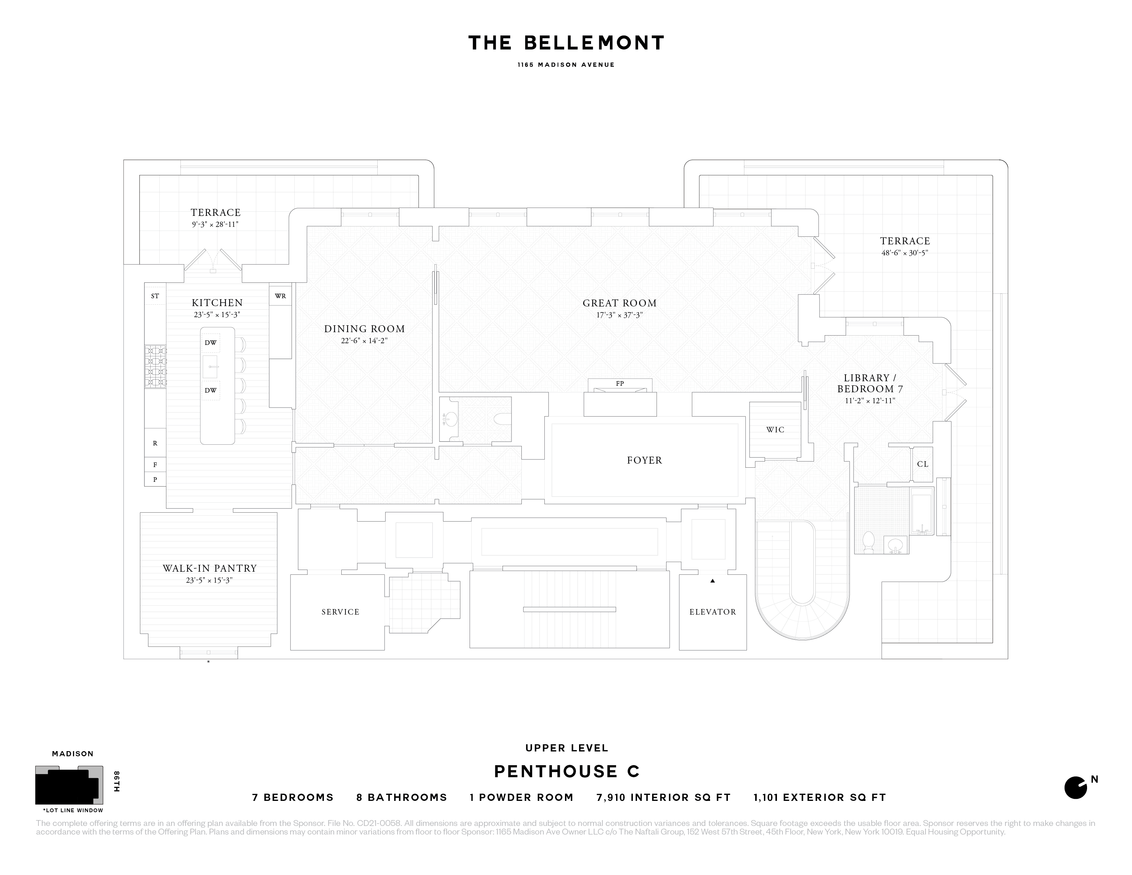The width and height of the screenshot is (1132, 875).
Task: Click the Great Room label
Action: click(x=620, y=303)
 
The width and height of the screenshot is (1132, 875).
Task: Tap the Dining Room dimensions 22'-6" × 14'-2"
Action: click(x=364, y=341)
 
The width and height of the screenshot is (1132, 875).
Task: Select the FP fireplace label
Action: click(x=620, y=384)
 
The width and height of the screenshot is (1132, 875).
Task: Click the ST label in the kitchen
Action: click(x=155, y=296)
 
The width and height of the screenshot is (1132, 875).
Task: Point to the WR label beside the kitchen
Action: click(x=280, y=296)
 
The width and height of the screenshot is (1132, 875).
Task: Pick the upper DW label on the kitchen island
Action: click(x=210, y=343)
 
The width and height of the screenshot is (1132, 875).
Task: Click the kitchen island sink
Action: click(x=210, y=366)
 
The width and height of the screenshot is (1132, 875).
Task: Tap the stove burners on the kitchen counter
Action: click(x=155, y=366)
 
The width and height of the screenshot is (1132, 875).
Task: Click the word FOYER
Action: click(x=644, y=460)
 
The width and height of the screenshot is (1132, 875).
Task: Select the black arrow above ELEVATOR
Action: click(x=713, y=581)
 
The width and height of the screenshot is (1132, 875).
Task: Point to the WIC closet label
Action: click(x=775, y=430)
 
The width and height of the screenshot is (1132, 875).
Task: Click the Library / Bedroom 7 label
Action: click(x=870, y=384)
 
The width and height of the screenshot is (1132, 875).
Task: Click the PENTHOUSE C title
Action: click(x=567, y=772)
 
